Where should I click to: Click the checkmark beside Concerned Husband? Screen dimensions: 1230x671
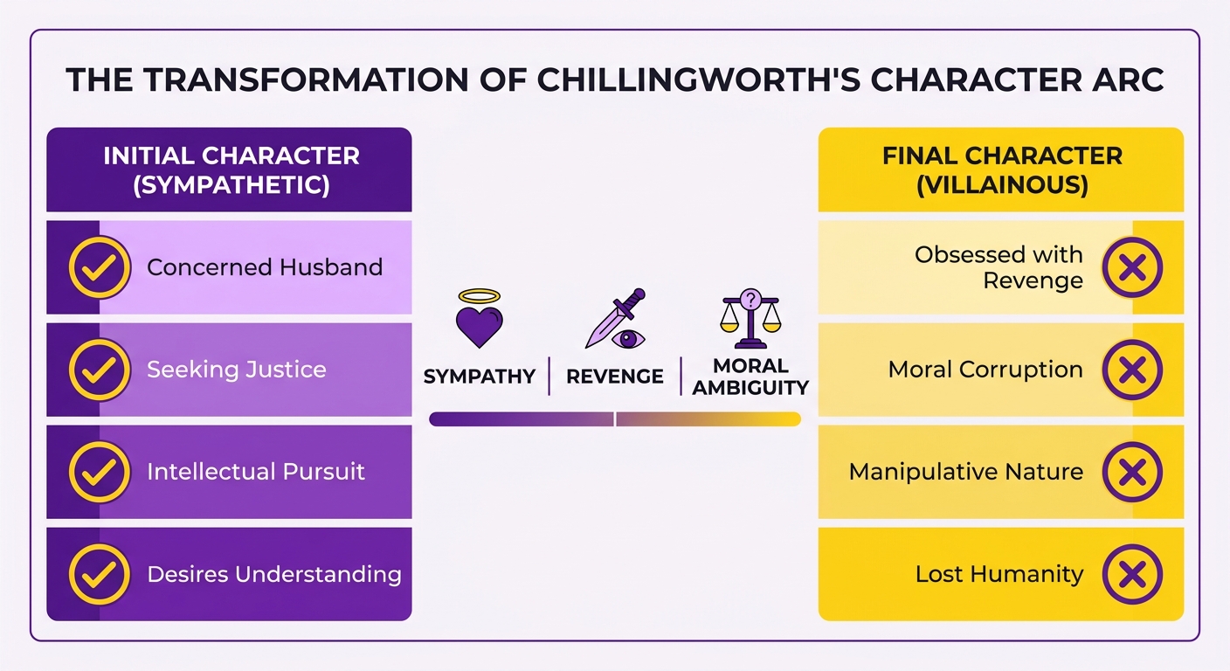tap(100, 267)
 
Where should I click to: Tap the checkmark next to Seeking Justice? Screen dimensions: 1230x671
tap(100, 370)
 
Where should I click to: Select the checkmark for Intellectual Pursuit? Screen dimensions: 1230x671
tap(100, 472)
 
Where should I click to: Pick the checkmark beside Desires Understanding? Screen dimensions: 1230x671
tap(100, 574)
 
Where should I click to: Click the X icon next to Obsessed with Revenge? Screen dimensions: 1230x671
tap(1132, 267)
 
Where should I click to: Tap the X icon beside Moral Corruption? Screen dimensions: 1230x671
tap(1132, 370)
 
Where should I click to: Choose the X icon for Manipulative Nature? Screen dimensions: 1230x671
tap(1132, 472)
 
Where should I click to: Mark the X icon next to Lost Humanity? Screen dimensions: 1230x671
tap(1132, 574)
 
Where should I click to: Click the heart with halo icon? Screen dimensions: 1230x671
tap(480, 319)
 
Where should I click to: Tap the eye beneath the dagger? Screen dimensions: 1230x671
tap(629, 339)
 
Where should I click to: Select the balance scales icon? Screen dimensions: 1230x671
tap(750, 319)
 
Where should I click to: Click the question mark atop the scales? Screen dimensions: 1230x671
tap(750, 300)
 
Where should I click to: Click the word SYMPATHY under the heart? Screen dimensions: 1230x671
tap(480, 377)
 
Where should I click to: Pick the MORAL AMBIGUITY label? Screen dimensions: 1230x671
tap(750, 377)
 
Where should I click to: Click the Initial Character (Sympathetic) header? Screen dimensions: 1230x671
tap(231, 170)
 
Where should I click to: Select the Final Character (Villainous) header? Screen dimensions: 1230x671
tap(1002, 170)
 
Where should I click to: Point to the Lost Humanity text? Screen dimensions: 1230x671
tap(999, 574)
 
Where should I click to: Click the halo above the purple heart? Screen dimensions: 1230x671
tap(480, 296)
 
